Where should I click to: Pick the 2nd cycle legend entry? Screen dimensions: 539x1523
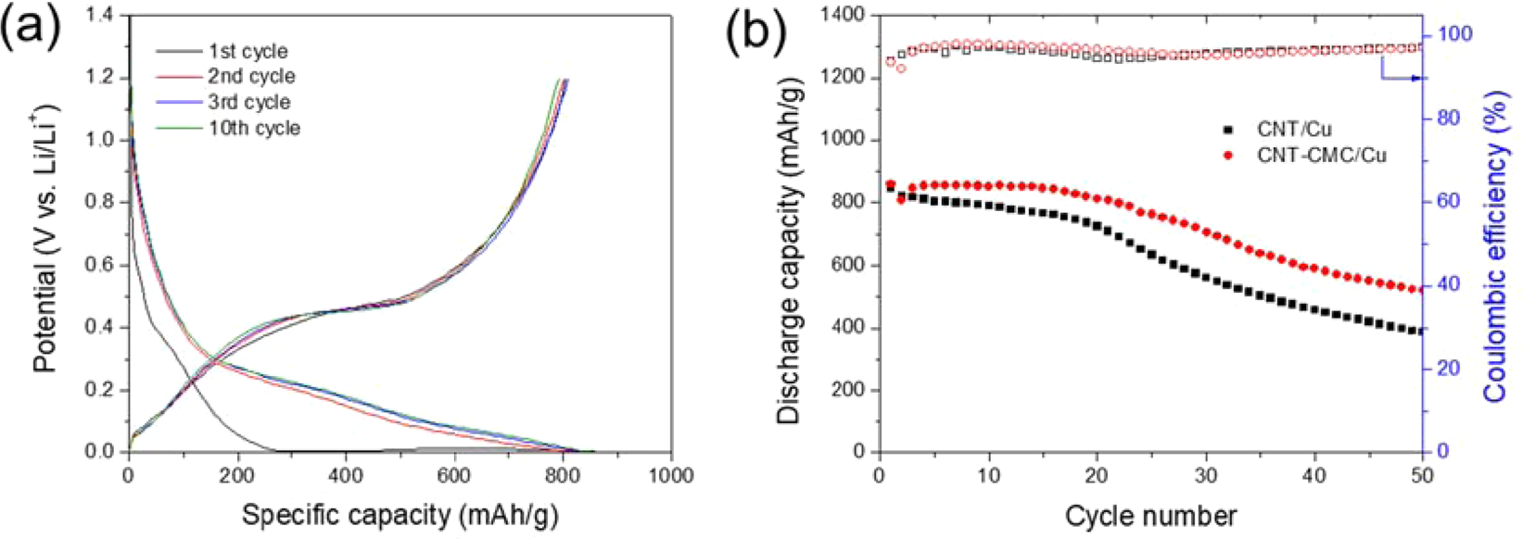[x=251, y=77]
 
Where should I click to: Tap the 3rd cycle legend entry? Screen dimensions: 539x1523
[x=248, y=103]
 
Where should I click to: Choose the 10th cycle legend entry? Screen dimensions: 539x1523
[x=254, y=129]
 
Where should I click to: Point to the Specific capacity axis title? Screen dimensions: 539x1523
[x=400, y=514]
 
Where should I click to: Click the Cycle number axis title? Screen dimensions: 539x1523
[x=1150, y=515]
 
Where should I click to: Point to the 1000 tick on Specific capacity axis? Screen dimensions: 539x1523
[x=671, y=476]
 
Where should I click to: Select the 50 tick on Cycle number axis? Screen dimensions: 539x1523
[x=1421, y=476]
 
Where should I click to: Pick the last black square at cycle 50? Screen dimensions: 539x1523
[x=1418, y=331]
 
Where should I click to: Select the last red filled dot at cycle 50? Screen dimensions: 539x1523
[x=1418, y=290]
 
